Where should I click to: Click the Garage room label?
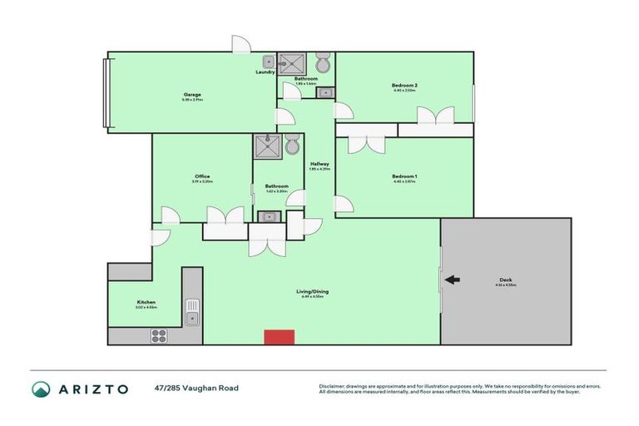tap(192, 94)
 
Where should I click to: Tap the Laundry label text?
tap(265, 72)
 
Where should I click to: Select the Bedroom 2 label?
tap(404, 85)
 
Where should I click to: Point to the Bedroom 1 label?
tap(404, 176)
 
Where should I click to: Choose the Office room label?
tap(202, 176)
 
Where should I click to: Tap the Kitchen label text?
tap(146, 302)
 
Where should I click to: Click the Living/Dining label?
tap(313, 291)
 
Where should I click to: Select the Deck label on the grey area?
tap(505, 280)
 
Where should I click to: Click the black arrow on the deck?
tap(452, 280)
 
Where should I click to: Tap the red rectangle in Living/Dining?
tap(279, 336)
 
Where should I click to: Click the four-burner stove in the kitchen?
tap(159, 335)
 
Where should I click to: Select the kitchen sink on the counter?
tap(192, 313)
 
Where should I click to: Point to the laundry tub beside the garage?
tap(269, 61)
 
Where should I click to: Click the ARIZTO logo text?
tap(92, 389)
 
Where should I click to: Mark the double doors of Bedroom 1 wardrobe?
tap(366, 143)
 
